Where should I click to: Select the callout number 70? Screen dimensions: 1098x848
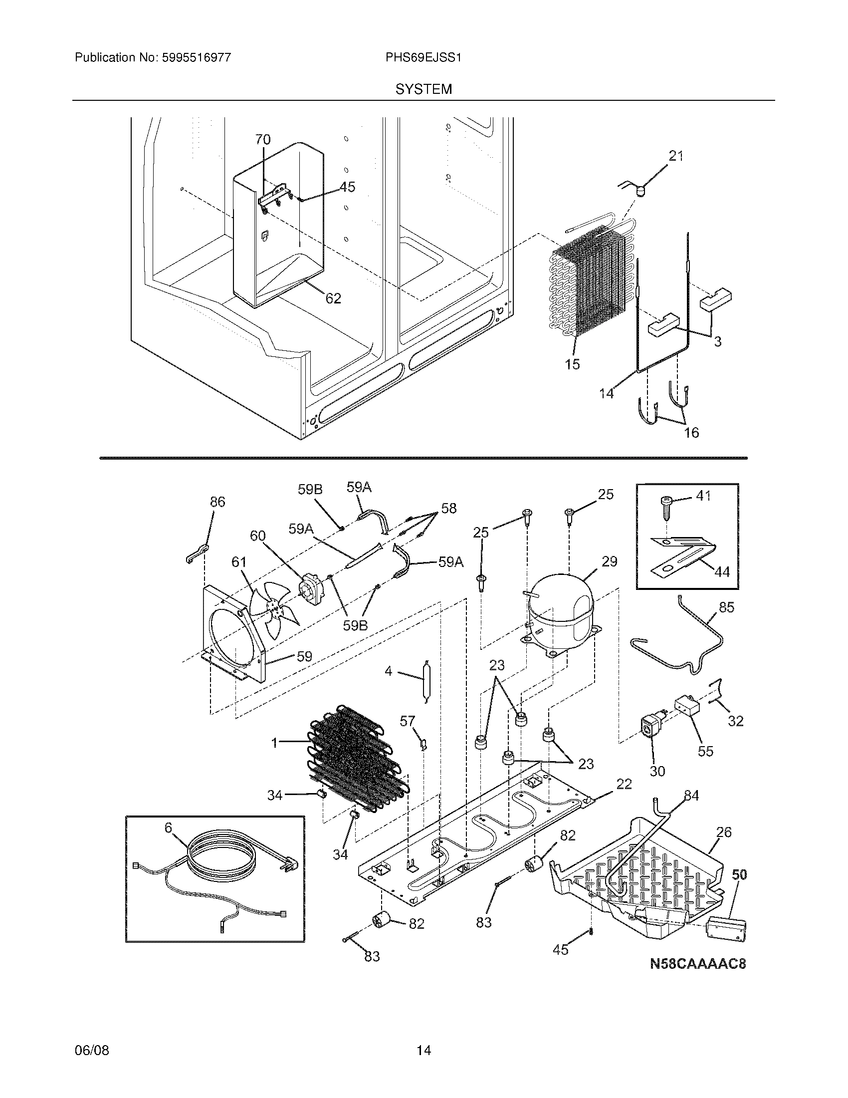263,139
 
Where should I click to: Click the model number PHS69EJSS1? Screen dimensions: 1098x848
423,58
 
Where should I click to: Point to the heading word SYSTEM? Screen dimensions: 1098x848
424,89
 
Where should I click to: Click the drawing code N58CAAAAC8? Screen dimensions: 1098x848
697,964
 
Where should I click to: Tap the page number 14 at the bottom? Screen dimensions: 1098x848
424,1050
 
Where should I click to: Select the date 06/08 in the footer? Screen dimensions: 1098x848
91,1050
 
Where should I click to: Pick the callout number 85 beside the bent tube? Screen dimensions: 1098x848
726,607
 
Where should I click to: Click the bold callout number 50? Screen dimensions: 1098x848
739,874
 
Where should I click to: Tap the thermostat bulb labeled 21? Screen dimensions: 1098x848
639,191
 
